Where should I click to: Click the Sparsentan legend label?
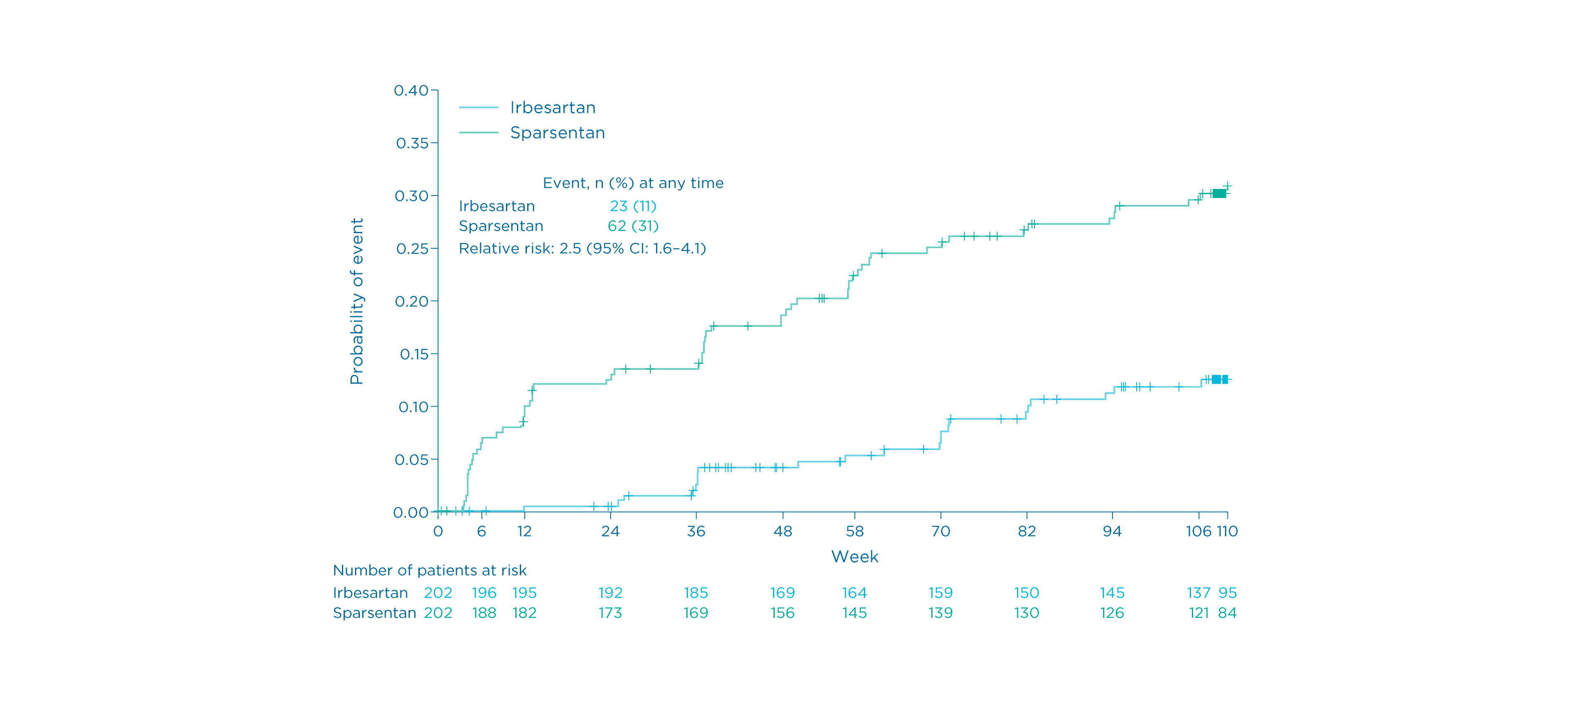coord(557,133)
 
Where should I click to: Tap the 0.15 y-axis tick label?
coord(414,354)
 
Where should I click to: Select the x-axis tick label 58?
coord(854,531)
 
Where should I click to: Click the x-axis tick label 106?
coord(1198,531)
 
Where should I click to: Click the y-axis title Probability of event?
coord(357,301)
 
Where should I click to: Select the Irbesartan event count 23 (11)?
coord(633,206)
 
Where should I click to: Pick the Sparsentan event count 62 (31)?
coord(633,226)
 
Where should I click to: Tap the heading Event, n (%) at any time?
coord(633,183)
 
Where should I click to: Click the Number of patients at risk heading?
coord(429,570)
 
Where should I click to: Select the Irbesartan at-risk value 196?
coord(484,593)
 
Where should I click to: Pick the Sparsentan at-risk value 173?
coord(610,613)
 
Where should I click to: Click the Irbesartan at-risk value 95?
coord(1228,593)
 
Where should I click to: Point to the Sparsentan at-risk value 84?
coord(1228,613)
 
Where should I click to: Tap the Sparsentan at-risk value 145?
coord(854,613)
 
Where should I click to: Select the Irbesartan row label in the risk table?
coord(370,593)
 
